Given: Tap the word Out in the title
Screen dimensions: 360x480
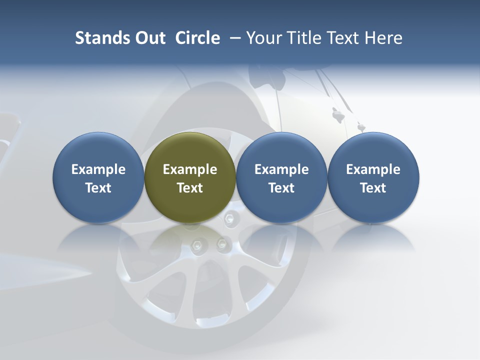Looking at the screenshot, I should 149,38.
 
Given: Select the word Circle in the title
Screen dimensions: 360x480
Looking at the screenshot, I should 197,38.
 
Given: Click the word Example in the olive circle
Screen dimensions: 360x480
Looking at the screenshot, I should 190,169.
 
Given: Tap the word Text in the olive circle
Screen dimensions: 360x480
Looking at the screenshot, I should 190,188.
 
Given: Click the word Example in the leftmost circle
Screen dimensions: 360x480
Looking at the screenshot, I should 98,169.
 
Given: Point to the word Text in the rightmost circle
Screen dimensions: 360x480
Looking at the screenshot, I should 373,188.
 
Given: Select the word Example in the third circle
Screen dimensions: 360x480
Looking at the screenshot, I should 281,169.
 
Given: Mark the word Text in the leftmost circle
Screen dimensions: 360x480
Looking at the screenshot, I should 98,188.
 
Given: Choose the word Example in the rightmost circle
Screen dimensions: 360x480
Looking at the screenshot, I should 373,169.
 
